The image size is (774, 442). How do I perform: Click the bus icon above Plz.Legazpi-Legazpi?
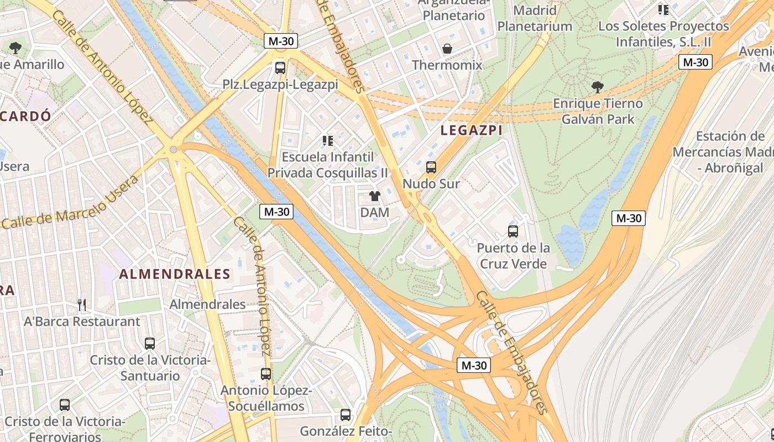coord(280,68)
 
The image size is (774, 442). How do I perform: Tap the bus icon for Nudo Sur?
coord(431,167)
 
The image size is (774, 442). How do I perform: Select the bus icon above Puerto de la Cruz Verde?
coord(513,231)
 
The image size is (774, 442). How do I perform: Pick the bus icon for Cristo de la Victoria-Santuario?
coord(150,343)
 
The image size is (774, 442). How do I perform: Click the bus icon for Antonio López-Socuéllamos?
coord(266,374)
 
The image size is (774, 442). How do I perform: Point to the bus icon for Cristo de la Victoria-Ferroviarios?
coord(65,405)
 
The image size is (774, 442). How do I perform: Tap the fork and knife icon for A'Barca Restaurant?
coord(82,304)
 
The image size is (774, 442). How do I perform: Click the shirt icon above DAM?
coord(375,196)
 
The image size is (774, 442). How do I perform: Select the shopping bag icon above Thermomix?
coord(447,49)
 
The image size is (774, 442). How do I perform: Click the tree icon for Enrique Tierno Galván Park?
coord(597,87)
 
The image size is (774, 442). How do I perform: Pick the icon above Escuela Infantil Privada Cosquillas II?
coord(328,141)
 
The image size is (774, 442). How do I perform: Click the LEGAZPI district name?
coord(472,130)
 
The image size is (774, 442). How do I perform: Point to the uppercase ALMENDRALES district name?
coord(175,274)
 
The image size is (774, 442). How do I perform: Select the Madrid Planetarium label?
coord(535,18)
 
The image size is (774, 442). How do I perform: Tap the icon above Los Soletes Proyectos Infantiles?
coord(663,9)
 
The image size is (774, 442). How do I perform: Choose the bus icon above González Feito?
coord(346,414)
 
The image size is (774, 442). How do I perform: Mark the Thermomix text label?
coord(447,65)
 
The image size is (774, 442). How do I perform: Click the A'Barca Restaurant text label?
coord(82,321)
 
